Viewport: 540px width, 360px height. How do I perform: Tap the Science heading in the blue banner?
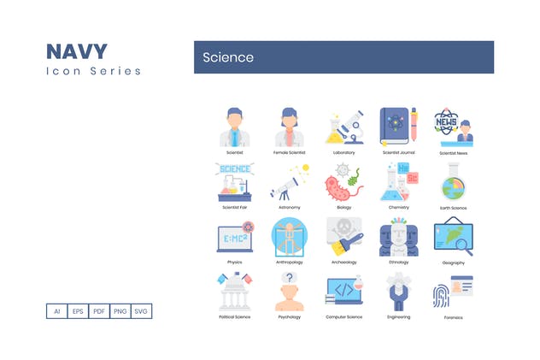[228, 57]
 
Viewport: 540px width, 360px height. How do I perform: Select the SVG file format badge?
[142, 311]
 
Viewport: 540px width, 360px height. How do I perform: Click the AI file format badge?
[56, 311]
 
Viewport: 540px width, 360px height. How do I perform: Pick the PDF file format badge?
[99, 311]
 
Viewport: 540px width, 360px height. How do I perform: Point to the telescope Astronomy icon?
[290, 181]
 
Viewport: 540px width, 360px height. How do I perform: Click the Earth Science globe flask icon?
[453, 181]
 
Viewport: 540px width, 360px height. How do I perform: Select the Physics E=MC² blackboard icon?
[233, 237]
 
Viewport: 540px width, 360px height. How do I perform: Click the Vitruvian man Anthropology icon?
[290, 237]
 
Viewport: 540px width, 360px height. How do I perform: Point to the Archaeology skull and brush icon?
[344, 237]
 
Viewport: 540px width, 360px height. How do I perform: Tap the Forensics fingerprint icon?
[453, 292]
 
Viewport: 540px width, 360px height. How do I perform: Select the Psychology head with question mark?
[290, 292]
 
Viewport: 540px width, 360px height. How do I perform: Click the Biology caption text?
[344, 207]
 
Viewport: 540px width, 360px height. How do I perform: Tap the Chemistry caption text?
[398, 207]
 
